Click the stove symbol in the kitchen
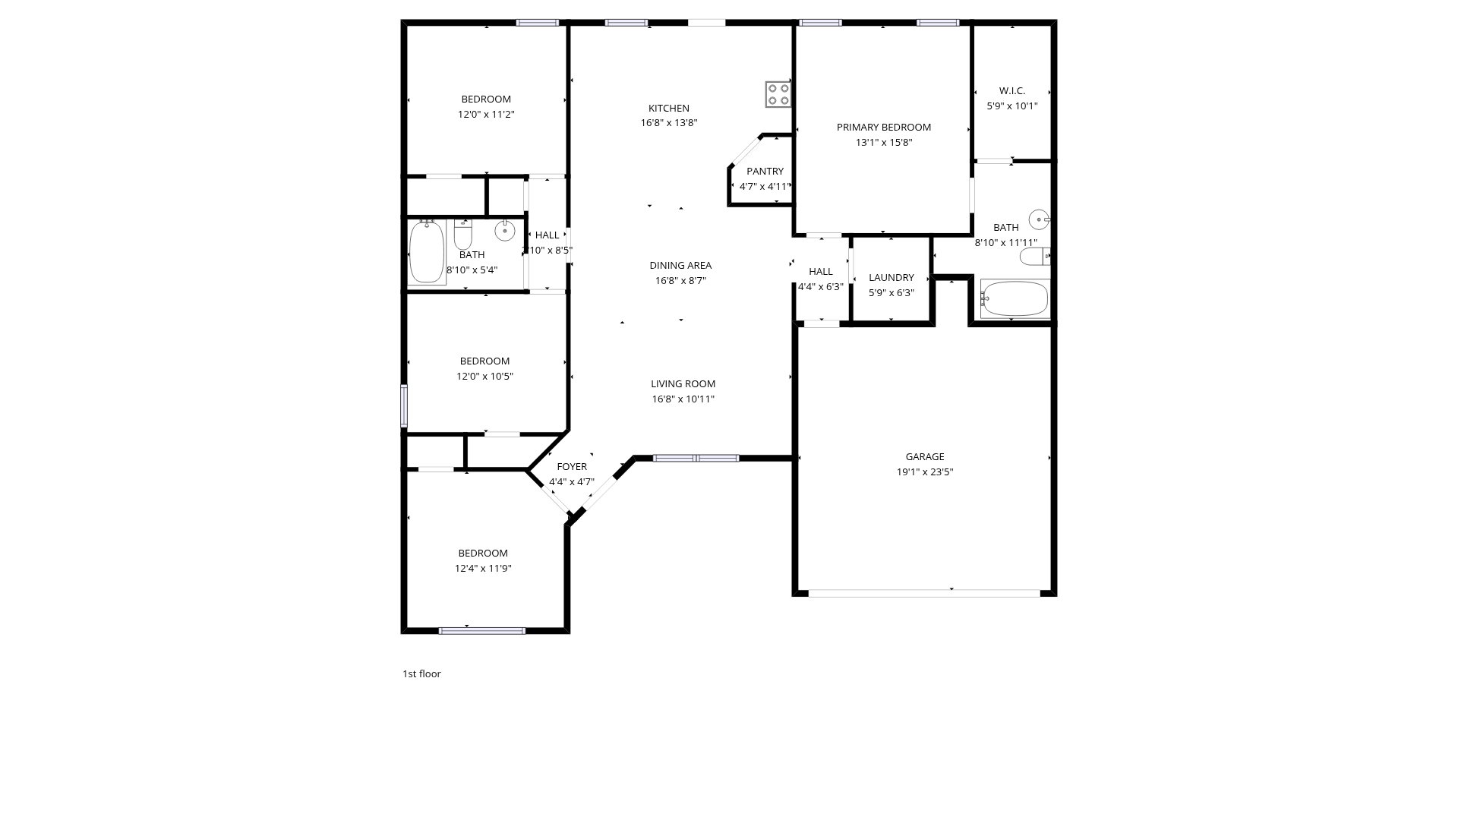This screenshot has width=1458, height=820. point(778,94)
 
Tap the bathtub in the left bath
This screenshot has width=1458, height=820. point(427,252)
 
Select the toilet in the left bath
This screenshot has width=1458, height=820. point(463,235)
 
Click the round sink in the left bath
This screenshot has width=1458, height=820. point(505,229)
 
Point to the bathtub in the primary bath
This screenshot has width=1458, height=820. point(1015,298)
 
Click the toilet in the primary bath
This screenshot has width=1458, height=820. point(1034,257)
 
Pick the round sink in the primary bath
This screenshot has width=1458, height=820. point(1040,219)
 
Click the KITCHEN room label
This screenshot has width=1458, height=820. point(669,109)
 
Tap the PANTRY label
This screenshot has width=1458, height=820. point(765,172)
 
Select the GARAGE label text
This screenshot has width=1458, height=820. point(925,457)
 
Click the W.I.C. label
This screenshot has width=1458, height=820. point(1012,91)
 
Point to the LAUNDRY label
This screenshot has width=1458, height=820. point(892,278)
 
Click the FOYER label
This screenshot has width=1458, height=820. point(572,467)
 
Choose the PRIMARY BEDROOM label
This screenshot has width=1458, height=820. point(884,128)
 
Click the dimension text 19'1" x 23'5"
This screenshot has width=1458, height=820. point(925,472)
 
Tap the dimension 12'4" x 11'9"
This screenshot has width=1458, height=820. point(483,569)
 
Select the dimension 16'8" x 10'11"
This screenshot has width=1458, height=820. point(683,399)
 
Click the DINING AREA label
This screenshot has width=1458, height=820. point(680,266)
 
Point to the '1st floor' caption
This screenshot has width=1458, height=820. point(421,674)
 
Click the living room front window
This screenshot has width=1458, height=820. point(696,459)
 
